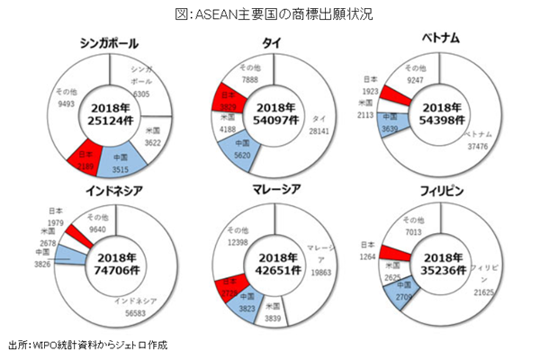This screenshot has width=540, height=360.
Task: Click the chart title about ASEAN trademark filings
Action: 270,13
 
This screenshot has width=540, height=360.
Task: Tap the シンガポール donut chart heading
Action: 114,43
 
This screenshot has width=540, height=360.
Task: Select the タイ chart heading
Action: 270,43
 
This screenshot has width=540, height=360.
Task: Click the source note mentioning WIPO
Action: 87,345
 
